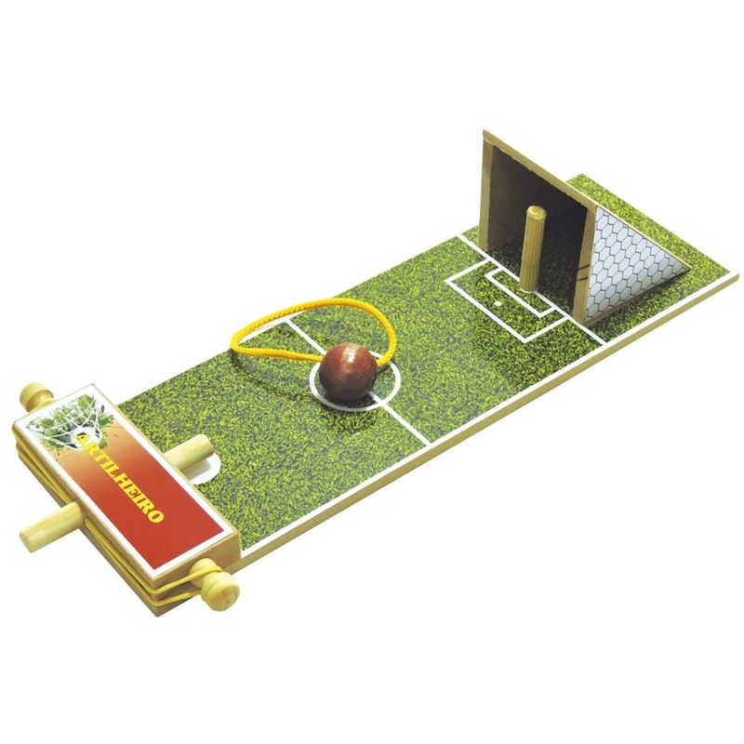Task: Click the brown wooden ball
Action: coord(348,372)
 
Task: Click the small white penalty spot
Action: coord(498,301)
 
